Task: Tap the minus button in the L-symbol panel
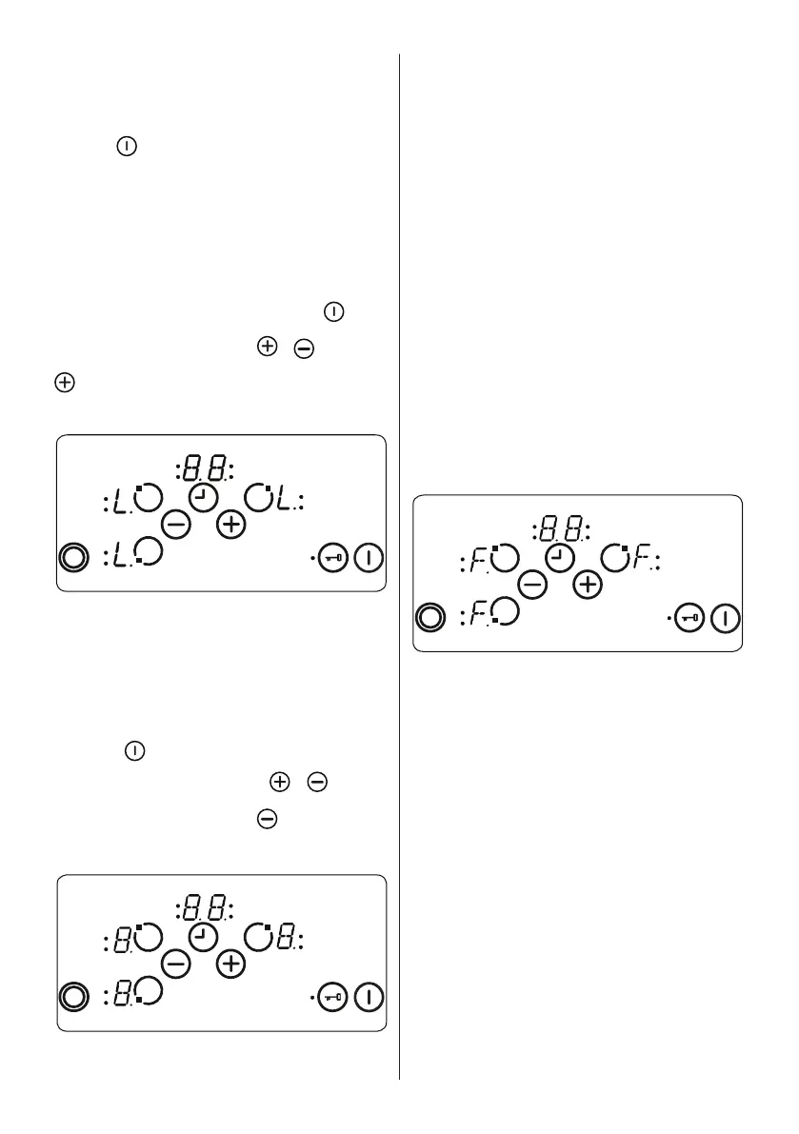175,523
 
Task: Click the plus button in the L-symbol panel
231,524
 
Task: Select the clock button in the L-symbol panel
203,497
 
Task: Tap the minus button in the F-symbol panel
532,584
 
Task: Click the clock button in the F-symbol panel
560,557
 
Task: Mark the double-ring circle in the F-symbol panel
430,619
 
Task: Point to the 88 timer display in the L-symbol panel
206,468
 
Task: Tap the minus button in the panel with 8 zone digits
174,964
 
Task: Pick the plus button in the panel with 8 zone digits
230,964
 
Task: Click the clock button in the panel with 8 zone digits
202,938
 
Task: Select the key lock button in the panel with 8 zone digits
333,998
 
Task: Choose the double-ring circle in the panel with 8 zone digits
72,998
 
